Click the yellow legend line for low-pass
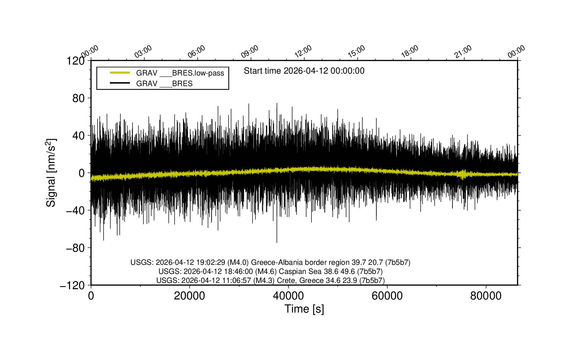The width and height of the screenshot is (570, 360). [120, 73]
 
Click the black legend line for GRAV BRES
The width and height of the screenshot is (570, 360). [120, 83]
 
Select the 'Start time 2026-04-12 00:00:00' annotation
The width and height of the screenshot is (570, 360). [304, 71]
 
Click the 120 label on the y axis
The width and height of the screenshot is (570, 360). [75, 61]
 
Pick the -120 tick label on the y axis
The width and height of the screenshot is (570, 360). [72, 285]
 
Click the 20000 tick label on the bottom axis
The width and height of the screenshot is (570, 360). [190, 296]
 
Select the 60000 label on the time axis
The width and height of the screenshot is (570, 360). [387, 296]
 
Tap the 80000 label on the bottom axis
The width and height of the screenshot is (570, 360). [486, 296]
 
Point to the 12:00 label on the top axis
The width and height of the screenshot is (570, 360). [303, 51]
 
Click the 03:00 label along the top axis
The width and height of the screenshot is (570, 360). [143, 51]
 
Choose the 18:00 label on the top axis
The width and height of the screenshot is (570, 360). [410, 51]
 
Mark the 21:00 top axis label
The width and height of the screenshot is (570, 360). [463, 51]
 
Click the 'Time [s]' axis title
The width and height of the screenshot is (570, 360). [304, 309]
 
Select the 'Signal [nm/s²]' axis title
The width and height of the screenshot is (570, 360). [51, 173]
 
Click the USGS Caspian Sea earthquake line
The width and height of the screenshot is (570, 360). [270, 271]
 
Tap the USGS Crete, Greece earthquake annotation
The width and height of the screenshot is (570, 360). [270, 280]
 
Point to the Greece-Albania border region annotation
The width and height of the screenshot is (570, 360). [270, 262]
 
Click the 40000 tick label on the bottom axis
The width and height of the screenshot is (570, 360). [288, 296]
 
